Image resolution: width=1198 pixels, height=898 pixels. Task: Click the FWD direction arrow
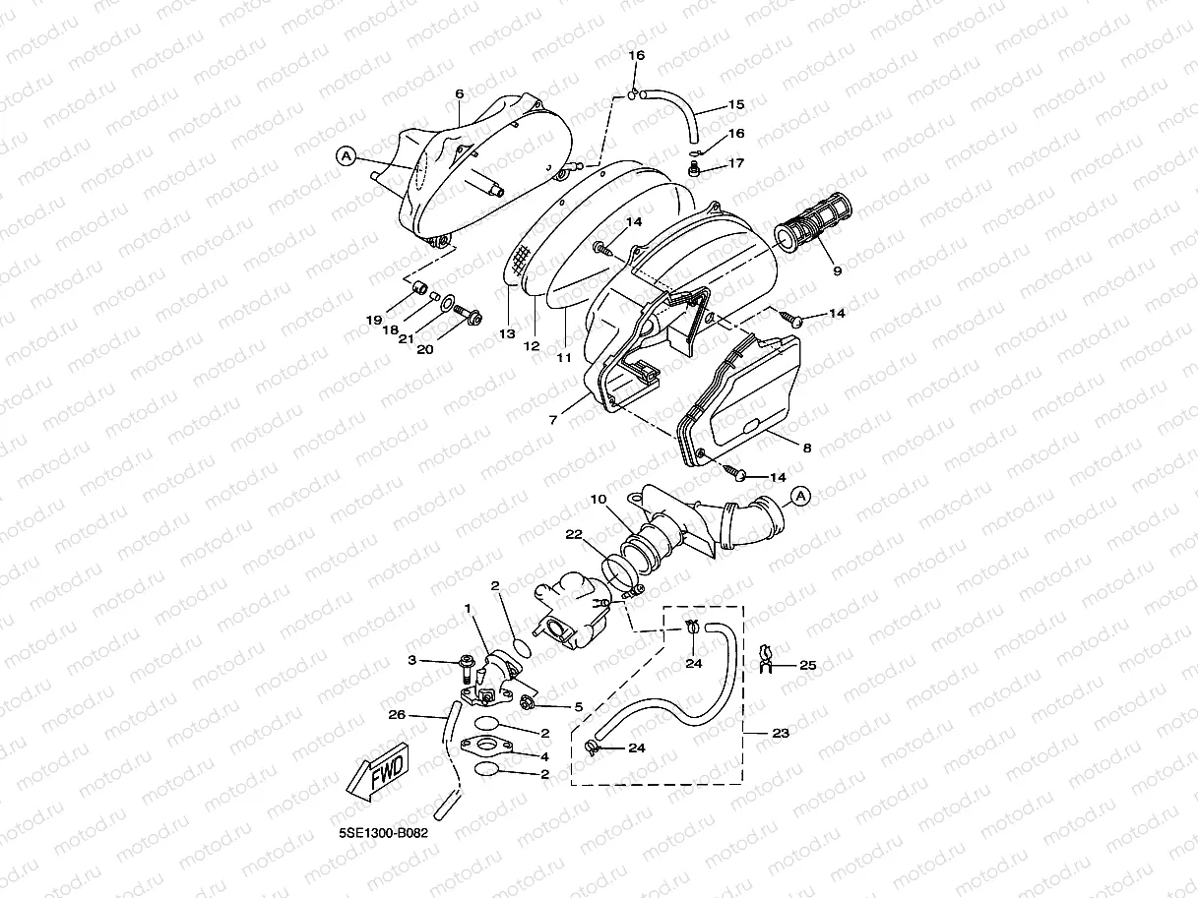[375, 775]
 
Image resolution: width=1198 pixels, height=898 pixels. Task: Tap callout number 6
[459, 94]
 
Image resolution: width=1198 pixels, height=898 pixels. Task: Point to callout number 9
[837, 270]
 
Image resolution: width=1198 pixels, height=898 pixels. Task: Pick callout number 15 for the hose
[736, 104]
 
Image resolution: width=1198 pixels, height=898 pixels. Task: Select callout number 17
[736, 163]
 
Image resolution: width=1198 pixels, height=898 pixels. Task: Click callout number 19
[374, 321]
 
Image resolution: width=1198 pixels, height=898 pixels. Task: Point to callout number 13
[506, 334]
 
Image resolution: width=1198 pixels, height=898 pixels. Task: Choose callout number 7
[553, 420]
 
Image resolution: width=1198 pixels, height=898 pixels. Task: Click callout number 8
[807, 448]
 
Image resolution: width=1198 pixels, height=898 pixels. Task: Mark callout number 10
[598, 500]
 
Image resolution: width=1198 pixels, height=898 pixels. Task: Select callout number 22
[573, 535]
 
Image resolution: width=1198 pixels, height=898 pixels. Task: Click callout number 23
[781, 733]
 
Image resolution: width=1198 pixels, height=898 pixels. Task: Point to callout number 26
[397, 715]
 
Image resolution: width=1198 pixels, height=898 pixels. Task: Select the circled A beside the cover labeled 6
[345, 154]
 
